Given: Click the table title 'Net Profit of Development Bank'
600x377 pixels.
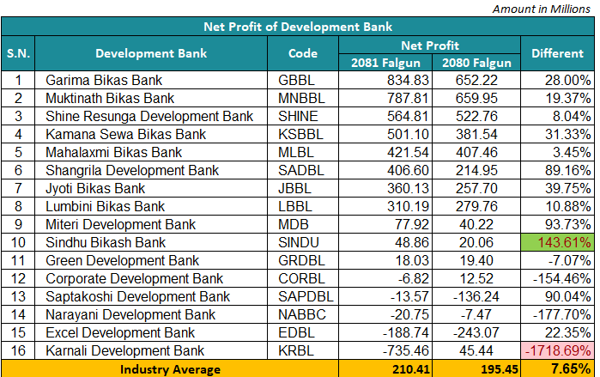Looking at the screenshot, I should [298, 27].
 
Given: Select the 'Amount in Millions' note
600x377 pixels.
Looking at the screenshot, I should [545, 8].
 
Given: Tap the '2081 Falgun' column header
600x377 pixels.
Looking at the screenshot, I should [385, 62].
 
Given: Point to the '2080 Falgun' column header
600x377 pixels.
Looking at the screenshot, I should [476, 62].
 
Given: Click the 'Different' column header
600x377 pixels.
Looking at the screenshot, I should [557, 53].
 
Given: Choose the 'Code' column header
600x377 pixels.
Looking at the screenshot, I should [303, 53].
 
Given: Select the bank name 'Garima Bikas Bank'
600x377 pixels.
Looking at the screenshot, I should [99, 80].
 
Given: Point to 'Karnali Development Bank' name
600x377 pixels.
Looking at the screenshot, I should [125, 350].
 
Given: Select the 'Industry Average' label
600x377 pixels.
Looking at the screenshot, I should [170, 369].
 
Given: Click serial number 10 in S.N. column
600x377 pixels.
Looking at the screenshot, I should [19, 242].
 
